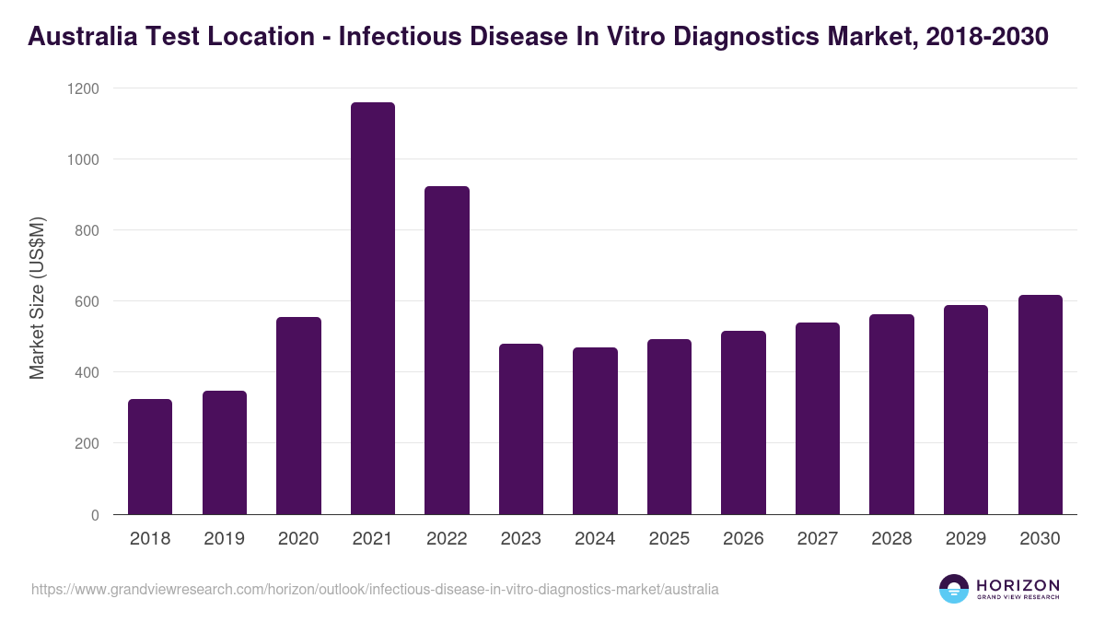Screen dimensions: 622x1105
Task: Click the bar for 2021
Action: pos(373,309)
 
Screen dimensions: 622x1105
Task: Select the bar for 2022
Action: pos(447,350)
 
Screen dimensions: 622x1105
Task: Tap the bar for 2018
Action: pos(150,456)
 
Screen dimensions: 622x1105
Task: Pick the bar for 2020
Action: pos(298,416)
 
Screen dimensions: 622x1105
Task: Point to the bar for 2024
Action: pos(595,430)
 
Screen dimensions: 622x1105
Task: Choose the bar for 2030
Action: pos(1041,405)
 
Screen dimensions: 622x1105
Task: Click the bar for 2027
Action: pos(818,418)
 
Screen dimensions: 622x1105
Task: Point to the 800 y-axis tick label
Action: pos(87,230)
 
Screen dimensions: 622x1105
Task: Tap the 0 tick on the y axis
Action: pos(95,515)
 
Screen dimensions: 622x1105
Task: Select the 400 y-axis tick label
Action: pos(87,372)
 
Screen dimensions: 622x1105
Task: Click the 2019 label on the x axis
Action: pos(224,539)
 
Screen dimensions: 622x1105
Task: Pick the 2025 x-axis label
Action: pos(669,539)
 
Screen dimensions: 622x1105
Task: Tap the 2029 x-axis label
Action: pos(966,539)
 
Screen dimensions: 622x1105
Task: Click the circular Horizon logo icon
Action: pos(954,589)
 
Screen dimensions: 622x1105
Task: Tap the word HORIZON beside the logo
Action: pos(1018,584)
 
